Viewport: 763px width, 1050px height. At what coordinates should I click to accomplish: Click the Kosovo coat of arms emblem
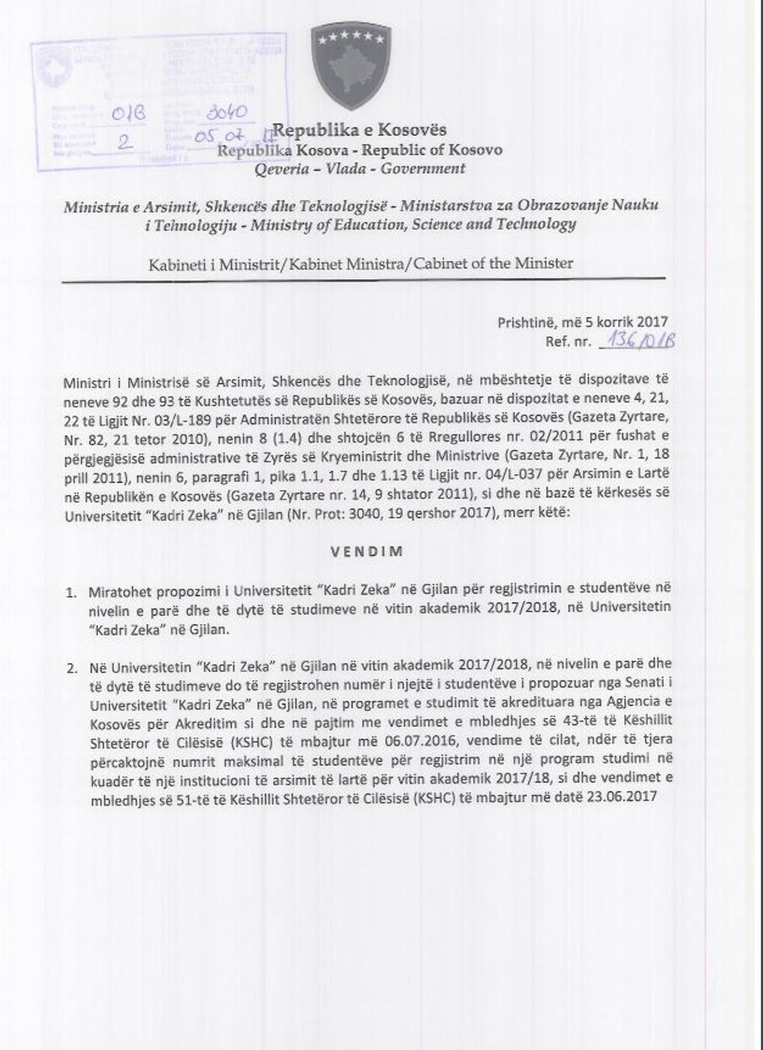click(350, 65)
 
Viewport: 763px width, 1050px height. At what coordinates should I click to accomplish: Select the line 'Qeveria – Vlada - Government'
click(360, 168)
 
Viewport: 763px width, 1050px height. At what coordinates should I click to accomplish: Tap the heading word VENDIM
click(366, 551)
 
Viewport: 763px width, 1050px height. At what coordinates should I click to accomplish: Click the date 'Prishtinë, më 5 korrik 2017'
click(582, 321)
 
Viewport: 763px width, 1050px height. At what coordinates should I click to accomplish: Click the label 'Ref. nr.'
click(569, 342)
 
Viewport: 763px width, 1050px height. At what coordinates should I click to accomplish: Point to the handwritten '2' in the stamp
click(122, 141)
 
